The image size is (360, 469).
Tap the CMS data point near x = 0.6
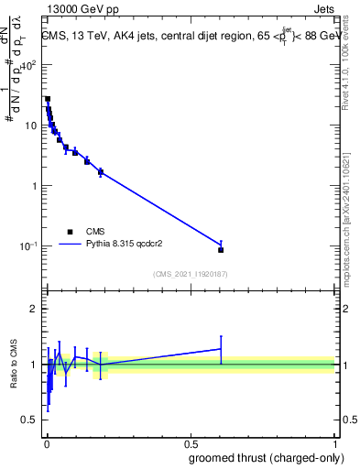(x=221, y=249)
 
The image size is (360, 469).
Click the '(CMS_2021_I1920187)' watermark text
(x=190, y=273)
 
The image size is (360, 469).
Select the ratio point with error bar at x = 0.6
(x=221, y=349)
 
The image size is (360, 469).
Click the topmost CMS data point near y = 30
(x=48, y=99)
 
